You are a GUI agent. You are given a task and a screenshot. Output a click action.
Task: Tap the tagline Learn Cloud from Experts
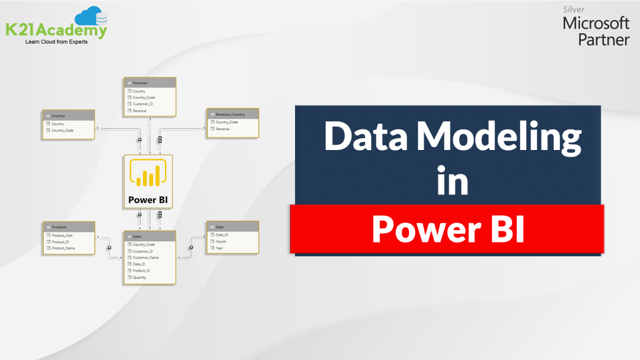(x=56, y=42)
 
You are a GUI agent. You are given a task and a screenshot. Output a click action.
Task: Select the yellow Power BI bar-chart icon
(x=148, y=173)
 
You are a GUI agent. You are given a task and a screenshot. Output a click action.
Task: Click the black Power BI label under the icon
(x=148, y=201)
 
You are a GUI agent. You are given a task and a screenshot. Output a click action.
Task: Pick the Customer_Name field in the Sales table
(x=146, y=257)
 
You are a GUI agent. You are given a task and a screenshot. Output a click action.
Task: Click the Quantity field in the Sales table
(x=139, y=277)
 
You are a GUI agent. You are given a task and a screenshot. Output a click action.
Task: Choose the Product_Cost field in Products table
(x=62, y=236)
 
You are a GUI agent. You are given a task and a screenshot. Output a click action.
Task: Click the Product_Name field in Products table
(x=63, y=248)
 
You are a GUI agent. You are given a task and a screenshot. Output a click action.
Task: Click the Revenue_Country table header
(x=230, y=114)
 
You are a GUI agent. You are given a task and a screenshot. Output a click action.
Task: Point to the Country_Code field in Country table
(x=62, y=130)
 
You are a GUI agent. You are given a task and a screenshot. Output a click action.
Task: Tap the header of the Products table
(x=59, y=227)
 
